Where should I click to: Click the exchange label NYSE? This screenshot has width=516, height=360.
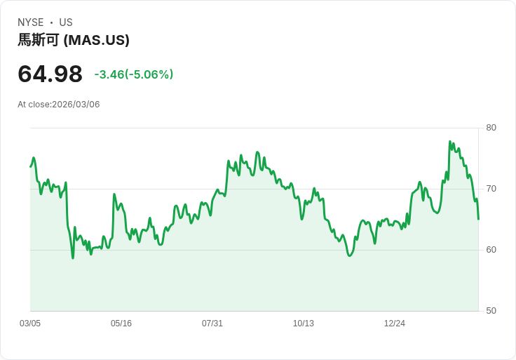31,22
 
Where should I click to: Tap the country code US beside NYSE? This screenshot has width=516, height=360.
66,22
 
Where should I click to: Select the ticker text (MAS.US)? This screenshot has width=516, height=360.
97,40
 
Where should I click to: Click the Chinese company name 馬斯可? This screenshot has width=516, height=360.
39,40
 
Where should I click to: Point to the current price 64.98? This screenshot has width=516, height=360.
50,74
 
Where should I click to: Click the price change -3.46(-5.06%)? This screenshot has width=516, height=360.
134,74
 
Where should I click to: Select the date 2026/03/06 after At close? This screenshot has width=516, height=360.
76,105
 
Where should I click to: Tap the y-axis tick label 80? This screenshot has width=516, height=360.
491,128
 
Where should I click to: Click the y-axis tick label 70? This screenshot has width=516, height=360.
491,189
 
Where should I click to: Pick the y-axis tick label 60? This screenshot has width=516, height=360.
491,250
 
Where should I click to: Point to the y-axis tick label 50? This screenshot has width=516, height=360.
491,311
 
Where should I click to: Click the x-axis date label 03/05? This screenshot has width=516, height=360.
30,324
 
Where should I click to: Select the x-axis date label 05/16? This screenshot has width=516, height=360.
121,324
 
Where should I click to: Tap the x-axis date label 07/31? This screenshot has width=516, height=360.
212,324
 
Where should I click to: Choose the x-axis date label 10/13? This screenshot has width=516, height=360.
304,324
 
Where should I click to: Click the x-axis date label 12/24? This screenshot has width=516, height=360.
395,324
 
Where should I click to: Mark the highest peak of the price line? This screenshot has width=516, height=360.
450,141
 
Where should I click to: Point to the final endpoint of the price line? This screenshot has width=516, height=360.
478,219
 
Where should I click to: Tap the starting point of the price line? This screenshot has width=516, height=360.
30,166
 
